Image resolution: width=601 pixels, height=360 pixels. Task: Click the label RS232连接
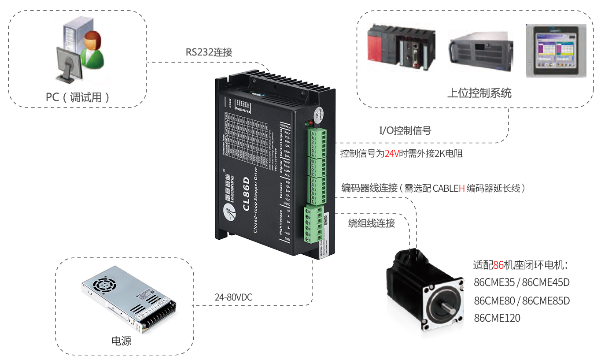(209, 52)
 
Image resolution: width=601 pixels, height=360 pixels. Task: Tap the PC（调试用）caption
(78, 97)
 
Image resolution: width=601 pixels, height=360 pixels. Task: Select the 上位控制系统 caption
(479, 93)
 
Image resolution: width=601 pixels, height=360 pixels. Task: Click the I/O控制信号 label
(405, 130)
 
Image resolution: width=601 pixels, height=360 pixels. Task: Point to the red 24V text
(391, 154)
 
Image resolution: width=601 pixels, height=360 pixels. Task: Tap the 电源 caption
(121, 341)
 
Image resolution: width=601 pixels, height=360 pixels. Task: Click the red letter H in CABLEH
(461, 188)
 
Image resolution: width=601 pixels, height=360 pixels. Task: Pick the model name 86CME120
(497, 318)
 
